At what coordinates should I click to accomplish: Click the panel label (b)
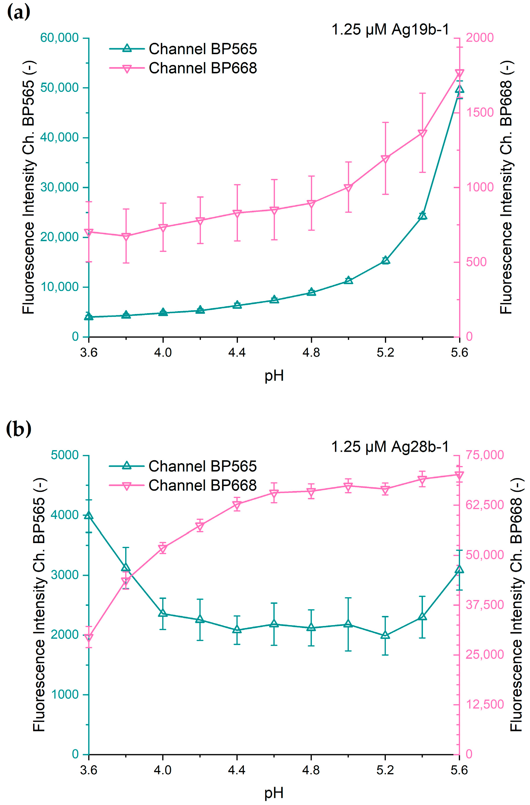coord(19,429)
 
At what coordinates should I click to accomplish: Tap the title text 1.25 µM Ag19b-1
coord(390,30)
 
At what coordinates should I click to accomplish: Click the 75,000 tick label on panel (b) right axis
coord(484,455)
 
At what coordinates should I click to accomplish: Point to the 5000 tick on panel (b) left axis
coord(65,455)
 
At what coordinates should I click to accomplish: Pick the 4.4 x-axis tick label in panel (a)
coord(237,353)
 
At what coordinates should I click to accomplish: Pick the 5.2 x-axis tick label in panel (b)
coord(385,770)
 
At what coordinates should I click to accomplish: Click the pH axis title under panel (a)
coord(274,375)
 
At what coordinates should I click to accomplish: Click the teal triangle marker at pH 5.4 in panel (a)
coord(422,216)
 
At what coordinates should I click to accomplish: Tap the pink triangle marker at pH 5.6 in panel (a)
coord(459,74)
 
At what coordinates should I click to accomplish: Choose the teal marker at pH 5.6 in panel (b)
coord(459,570)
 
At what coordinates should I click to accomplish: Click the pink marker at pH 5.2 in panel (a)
coord(385,159)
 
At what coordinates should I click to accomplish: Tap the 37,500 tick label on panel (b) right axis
coord(484,605)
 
